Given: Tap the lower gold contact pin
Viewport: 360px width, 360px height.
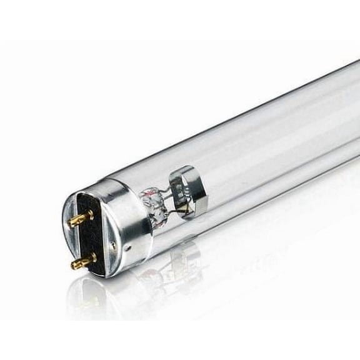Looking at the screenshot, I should (x=84, y=260).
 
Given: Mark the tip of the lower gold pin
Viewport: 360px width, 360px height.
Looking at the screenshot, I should (x=74, y=264).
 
